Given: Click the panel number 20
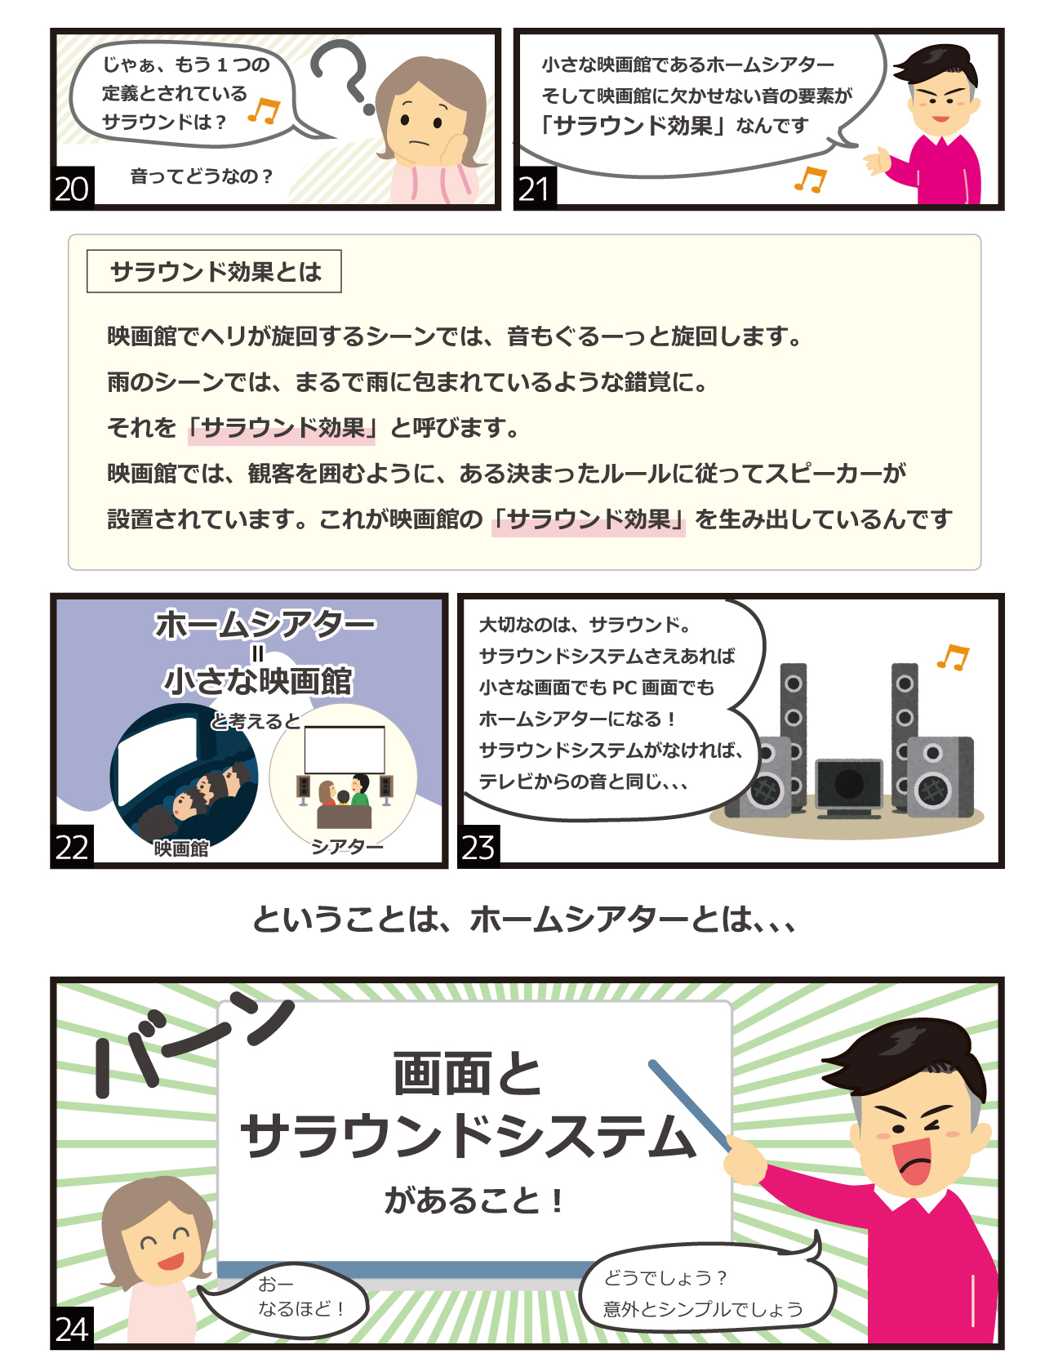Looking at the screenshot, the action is [x=72, y=188].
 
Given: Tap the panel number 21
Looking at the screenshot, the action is [x=535, y=188].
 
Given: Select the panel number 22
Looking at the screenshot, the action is [x=72, y=846].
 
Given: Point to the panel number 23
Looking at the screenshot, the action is [x=478, y=846].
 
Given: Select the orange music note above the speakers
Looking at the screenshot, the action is [x=953, y=657].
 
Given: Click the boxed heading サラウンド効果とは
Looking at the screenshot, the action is [x=215, y=271].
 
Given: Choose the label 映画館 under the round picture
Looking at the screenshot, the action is [x=181, y=849].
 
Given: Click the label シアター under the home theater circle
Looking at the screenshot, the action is [x=347, y=847].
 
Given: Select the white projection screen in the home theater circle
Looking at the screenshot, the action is [x=345, y=750].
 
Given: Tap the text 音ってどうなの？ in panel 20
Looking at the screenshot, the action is [x=202, y=176].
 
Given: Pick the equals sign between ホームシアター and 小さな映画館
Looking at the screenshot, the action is [x=258, y=653].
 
